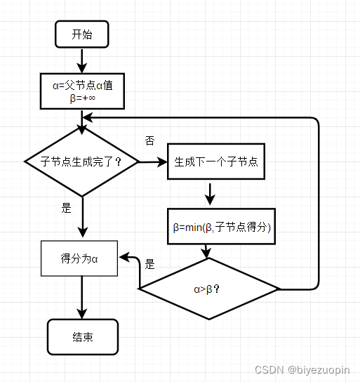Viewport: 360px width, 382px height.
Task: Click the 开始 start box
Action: [x=81, y=34]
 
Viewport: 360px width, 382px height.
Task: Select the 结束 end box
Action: [x=82, y=336]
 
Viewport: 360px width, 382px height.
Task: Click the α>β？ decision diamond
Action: [x=208, y=289]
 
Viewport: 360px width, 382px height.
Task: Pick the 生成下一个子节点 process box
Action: [x=215, y=162]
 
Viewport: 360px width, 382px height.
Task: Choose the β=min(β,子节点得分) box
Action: [x=221, y=226]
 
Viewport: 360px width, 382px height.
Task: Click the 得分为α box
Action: [x=79, y=258]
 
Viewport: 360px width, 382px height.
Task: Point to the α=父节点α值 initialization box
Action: [x=83, y=86]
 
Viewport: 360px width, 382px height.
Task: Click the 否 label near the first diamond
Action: [x=149, y=141]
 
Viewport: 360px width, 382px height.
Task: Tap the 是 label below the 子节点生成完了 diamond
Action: [x=67, y=209]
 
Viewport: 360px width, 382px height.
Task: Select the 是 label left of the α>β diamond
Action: [x=149, y=265]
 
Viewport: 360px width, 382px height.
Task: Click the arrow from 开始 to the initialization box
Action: [x=82, y=61]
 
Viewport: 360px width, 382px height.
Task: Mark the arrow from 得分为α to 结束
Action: [x=82, y=298]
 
